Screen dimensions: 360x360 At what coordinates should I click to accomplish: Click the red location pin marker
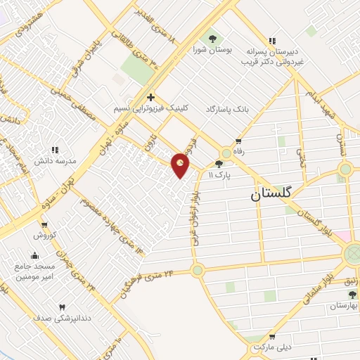(181, 165)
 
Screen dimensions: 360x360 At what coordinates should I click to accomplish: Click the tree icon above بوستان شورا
(211, 37)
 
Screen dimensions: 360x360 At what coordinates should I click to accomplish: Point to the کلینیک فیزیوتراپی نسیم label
(150, 110)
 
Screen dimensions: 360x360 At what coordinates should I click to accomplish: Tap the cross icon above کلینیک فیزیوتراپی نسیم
(150, 98)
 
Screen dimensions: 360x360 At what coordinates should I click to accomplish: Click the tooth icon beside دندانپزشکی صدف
(63, 307)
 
